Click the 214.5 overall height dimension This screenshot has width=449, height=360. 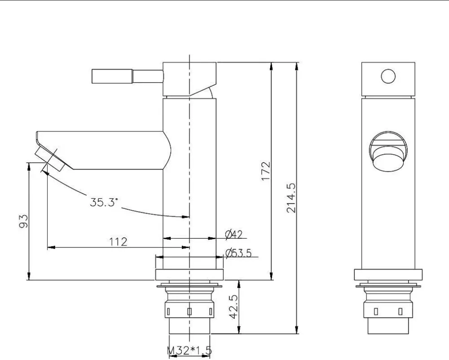pyautogui.click(x=291, y=198)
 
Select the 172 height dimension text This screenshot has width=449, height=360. pyautogui.click(x=266, y=171)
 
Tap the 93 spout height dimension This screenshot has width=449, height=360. pyautogui.click(x=24, y=221)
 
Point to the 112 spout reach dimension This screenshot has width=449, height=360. pyautogui.click(x=118, y=242)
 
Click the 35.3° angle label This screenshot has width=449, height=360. pyautogui.click(x=104, y=202)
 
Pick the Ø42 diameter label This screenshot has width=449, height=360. pyautogui.click(x=234, y=235)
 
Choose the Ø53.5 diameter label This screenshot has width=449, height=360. pyautogui.click(x=238, y=253)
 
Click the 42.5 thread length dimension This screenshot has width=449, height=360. pyautogui.click(x=233, y=307)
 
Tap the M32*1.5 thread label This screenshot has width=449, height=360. pyautogui.click(x=189, y=350)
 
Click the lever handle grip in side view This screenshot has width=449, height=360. pyautogui.click(x=112, y=76)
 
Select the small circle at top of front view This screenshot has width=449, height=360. pyautogui.click(x=388, y=76)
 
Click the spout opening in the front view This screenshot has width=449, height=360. pyautogui.click(x=388, y=152)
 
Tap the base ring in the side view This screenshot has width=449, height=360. pyautogui.click(x=189, y=275)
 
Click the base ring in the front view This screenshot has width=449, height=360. pyautogui.click(x=388, y=275)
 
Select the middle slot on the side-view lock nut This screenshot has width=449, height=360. pyautogui.click(x=189, y=311)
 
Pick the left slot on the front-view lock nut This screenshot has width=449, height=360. pyautogui.click(x=376, y=311)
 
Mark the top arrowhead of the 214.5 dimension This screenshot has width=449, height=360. pyautogui.click(x=297, y=66)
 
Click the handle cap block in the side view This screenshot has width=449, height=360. pyautogui.click(x=189, y=79)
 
